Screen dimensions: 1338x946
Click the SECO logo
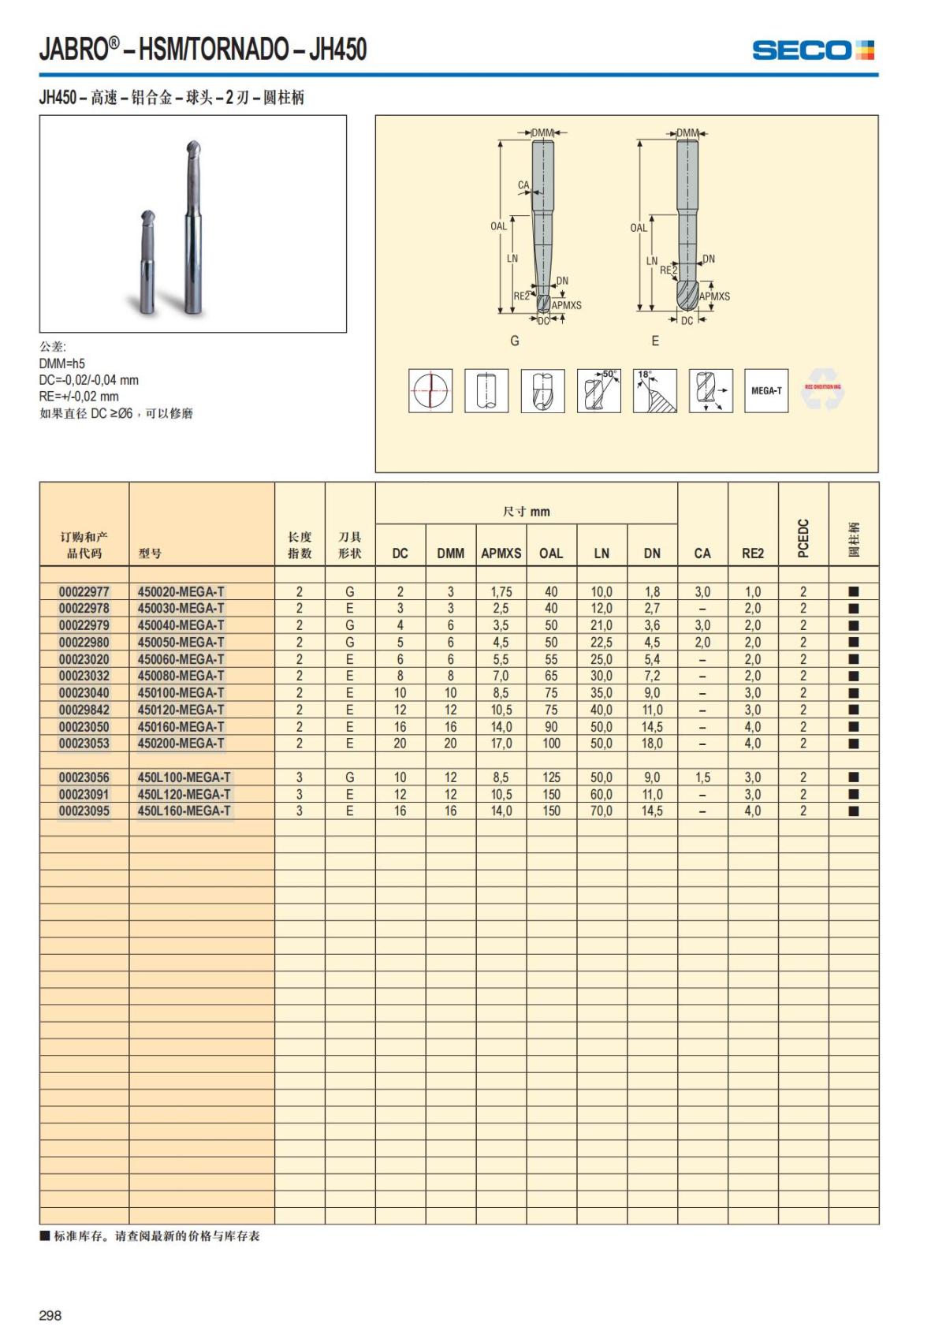(x=813, y=50)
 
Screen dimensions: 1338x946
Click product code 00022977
(x=84, y=591)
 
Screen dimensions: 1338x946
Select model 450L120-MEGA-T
(x=184, y=794)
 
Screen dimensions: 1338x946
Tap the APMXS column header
(x=501, y=553)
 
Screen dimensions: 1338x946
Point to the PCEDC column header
(x=803, y=538)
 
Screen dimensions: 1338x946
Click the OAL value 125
(x=551, y=777)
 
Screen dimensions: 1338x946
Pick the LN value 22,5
(x=601, y=642)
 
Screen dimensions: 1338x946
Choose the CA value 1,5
(x=702, y=777)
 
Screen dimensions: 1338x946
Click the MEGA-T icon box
(x=766, y=390)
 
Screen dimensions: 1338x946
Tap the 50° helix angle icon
(x=599, y=390)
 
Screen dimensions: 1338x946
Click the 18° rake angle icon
(x=654, y=390)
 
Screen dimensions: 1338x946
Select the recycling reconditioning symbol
(x=822, y=390)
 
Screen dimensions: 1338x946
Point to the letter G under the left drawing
(x=515, y=341)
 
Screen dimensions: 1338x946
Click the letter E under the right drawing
(x=655, y=341)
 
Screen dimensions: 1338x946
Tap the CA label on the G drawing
(x=523, y=185)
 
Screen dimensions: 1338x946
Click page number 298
(x=50, y=1315)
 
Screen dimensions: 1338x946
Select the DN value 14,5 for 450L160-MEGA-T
(x=652, y=811)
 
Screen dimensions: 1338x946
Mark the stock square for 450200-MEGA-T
(x=853, y=744)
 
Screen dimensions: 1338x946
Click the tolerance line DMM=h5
(x=62, y=363)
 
